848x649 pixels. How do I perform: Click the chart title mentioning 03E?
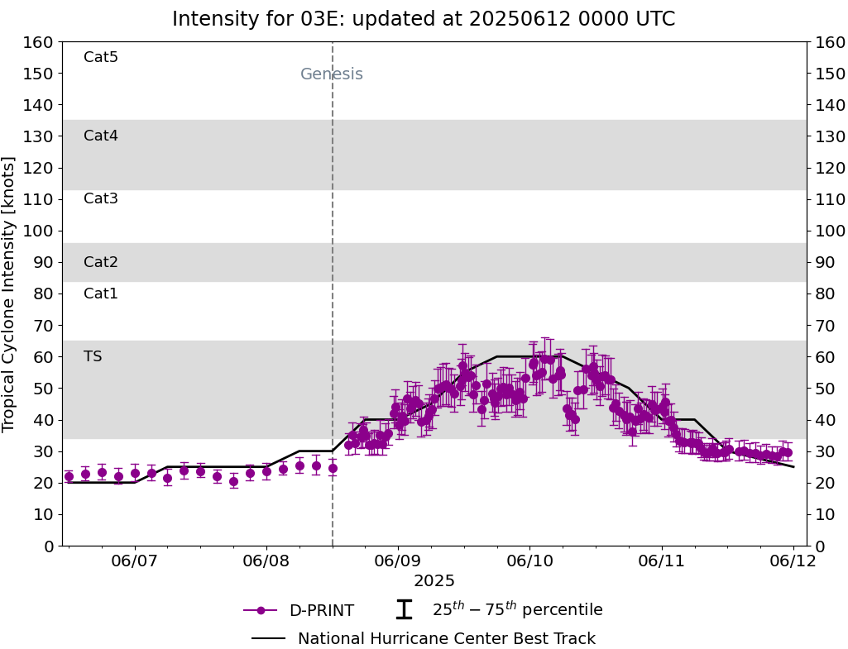424,19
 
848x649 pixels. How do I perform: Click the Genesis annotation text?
331,74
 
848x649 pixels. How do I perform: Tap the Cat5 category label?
101,57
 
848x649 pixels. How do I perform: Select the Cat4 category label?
101,136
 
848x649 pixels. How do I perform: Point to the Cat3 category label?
101,198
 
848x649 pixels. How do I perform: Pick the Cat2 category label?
101,262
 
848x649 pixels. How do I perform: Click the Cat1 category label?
101,293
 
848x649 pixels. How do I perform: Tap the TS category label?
93,356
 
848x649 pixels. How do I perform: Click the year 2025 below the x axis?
434,581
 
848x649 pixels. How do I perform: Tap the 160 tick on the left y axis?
39,42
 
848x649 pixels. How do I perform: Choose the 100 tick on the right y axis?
830,231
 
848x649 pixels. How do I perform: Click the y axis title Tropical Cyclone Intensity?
10,293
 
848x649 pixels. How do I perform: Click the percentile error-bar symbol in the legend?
404,610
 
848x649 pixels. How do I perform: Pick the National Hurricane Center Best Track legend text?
446,639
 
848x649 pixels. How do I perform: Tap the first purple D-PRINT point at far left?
69,476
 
